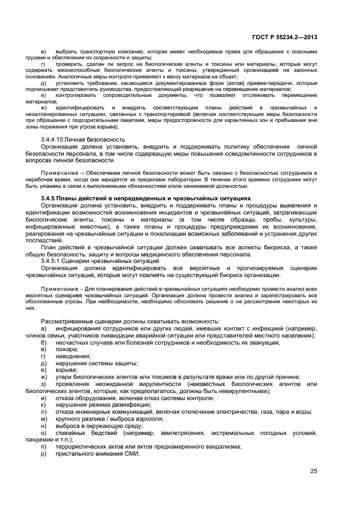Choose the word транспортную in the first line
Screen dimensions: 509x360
pos(90,52)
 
